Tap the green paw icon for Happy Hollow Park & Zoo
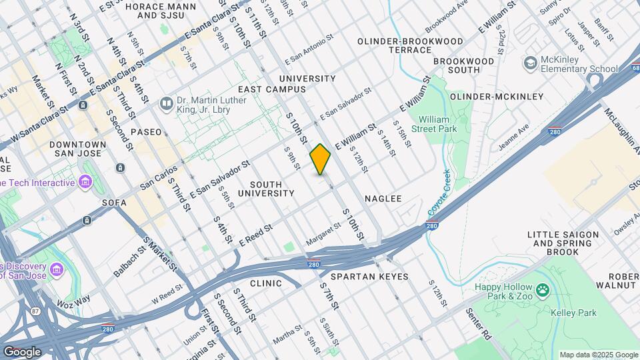(x=544, y=290)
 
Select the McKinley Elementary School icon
(x=531, y=63)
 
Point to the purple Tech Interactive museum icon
(x=85, y=182)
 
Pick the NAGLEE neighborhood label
(x=383, y=199)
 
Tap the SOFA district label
(x=114, y=202)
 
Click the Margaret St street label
(x=323, y=233)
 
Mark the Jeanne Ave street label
(x=514, y=136)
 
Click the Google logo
(x=22, y=351)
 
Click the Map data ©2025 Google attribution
(x=599, y=355)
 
